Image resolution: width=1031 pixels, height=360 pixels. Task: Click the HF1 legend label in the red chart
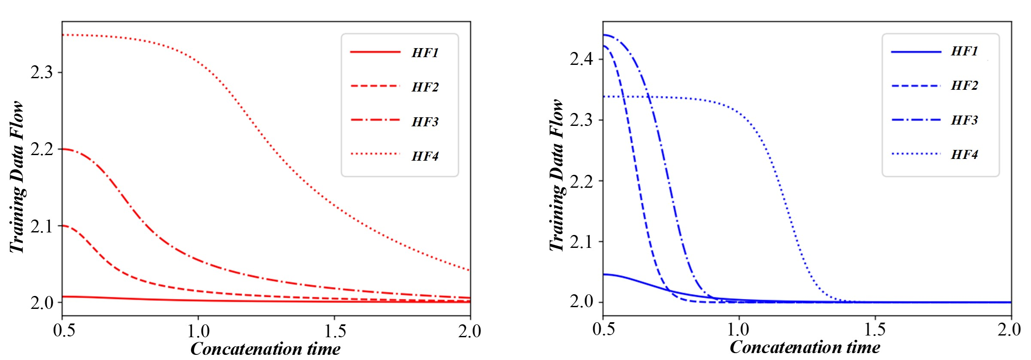(425, 52)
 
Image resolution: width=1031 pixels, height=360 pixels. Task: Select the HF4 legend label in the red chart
(425, 156)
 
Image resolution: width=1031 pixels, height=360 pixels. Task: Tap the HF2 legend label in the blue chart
(964, 85)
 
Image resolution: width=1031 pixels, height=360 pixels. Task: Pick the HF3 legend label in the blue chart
(964, 120)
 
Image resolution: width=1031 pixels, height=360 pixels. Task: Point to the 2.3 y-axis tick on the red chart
(42, 72)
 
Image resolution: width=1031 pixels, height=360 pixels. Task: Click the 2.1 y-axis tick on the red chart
(42, 226)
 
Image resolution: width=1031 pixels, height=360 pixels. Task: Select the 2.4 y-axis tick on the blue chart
(581, 59)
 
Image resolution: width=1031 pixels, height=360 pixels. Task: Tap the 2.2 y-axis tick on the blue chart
(581, 181)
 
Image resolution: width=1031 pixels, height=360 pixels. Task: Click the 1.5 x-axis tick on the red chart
(335, 331)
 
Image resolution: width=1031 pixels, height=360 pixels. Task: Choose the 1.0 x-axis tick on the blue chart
(739, 329)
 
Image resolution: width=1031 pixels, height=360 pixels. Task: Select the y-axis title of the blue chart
(557, 175)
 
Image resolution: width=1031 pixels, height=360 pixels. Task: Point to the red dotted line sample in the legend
(375, 154)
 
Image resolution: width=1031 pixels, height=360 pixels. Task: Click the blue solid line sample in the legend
(916, 52)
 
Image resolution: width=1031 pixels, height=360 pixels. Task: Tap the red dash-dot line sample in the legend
(375, 120)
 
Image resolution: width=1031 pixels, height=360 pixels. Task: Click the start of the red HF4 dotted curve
(63, 35)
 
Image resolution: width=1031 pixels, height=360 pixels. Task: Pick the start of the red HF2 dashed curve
(63, 226)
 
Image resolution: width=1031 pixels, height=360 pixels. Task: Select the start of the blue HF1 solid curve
(603, 274)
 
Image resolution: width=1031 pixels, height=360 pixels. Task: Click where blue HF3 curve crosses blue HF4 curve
(648, 97)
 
